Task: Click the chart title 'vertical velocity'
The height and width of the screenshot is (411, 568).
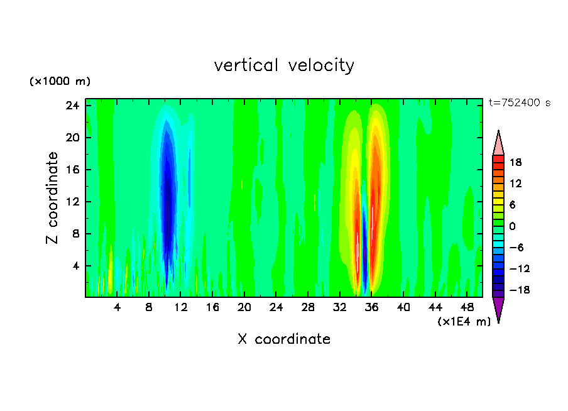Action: coord(284,65)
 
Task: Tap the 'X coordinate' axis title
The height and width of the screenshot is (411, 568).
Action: coord(284,339)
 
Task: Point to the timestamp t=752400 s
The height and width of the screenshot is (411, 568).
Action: coord(520,103)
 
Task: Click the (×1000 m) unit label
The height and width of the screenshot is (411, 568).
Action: coord(60,82)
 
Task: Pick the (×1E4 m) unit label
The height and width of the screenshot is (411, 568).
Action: coord(464,322)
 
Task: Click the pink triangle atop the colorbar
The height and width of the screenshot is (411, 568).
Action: coord(498,145)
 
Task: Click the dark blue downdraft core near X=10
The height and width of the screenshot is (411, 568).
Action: coord(167,201)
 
